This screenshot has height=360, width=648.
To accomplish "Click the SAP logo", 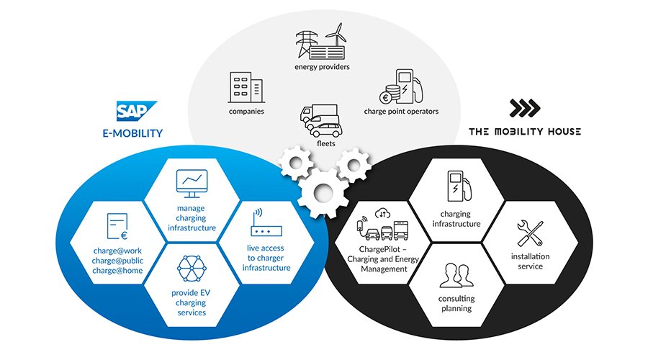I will coord(132,111).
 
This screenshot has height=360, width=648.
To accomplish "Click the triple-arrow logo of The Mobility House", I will coord(525,108).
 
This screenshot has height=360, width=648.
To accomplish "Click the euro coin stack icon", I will coord(390,94).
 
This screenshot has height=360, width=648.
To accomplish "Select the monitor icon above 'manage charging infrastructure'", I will coord(192,184).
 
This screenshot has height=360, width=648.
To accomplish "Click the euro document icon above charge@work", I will coord(117,225).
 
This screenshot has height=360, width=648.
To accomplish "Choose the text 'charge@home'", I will coord(118,271).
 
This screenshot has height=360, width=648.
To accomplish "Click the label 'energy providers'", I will coord(322,68).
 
